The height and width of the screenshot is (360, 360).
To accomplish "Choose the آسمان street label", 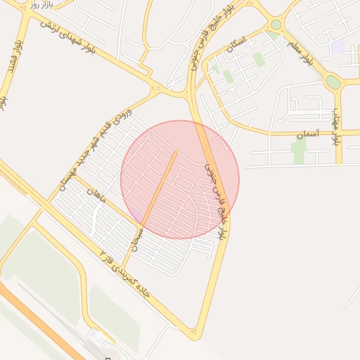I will pyautogui.click(x=307, y=133).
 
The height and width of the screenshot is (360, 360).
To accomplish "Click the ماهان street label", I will pyautogui.click(x=97, y=195).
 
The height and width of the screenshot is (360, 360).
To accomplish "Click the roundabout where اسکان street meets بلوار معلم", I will pyautogui.click(x=276, y=25).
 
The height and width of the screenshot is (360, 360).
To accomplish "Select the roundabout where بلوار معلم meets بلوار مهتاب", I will pyautogui.click(x=333, y=82).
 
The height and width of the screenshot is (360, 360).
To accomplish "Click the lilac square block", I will pyautogui.click(x=338, y=46).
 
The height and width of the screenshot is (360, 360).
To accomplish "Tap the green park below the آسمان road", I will pyautogui.click(x=299, y=150).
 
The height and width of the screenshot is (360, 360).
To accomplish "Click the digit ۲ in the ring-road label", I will pyautogui.click(x=103, y=252).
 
